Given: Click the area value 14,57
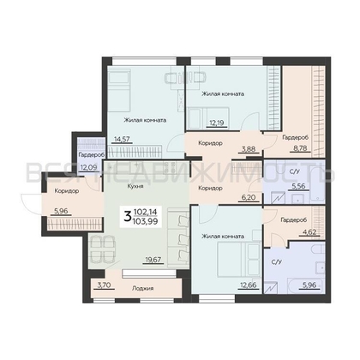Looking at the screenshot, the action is (x=122, y=139).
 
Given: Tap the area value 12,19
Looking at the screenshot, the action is (x=217, y=123).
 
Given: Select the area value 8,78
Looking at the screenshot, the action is (x=299, y=148).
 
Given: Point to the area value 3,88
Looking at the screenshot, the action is (x=249, y=148).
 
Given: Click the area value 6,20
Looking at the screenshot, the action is (x=249, y=197).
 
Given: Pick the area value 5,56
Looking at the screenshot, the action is (x=298, y=186).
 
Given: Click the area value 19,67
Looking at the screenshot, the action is (x=153, y=260).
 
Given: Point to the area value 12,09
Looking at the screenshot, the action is (x=88, y=166).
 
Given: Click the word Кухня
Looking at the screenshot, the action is (x=135, y=186).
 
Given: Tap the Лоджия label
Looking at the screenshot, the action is (x=143, y=288).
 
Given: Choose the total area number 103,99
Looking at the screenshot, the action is (x=146, y=221).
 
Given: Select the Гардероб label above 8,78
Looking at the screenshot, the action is (x=296, y=138).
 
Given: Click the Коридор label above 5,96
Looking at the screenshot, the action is (x=67, y=191).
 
